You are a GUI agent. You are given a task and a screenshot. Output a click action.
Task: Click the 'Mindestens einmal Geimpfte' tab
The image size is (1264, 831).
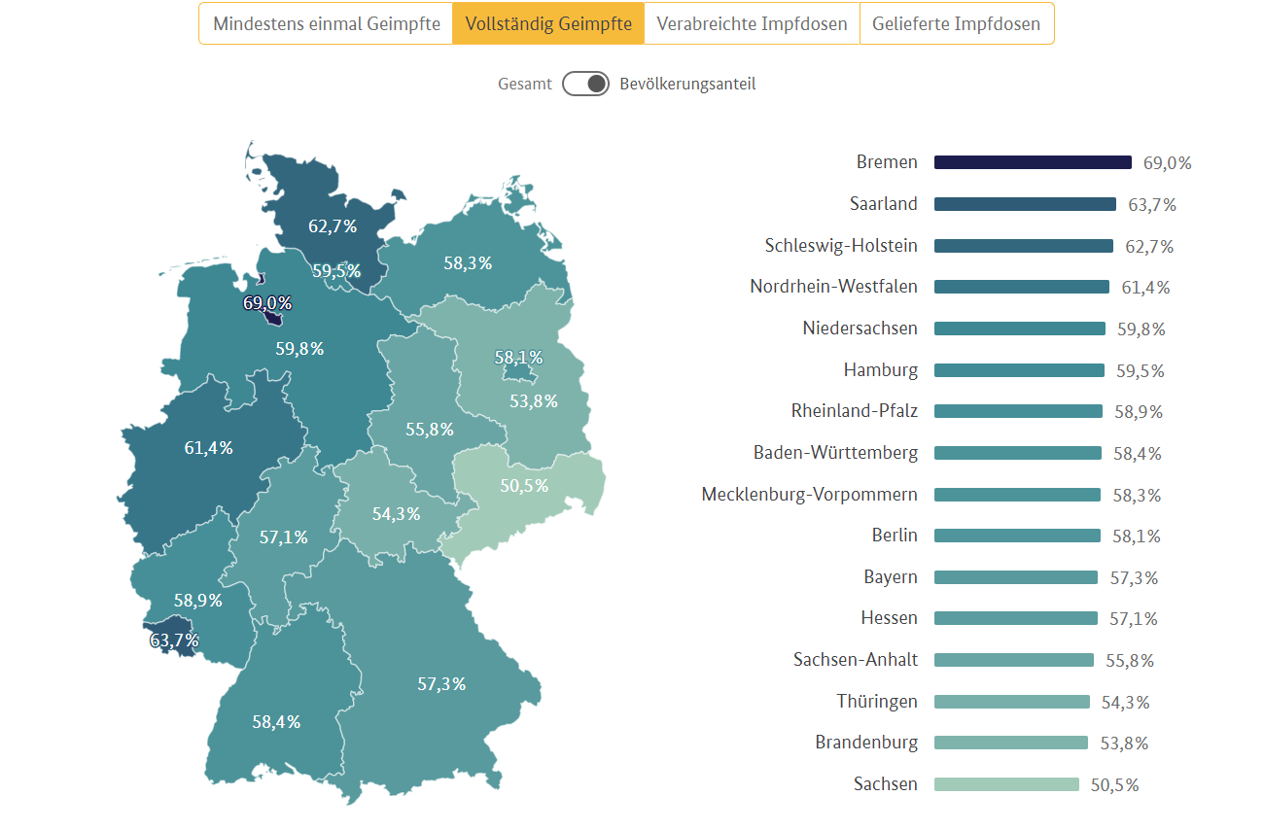point(326,23)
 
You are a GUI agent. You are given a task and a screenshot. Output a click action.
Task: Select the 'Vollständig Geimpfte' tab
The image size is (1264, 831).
point(548,23)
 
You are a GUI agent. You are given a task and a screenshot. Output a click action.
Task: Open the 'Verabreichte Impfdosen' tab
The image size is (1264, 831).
point(752,23)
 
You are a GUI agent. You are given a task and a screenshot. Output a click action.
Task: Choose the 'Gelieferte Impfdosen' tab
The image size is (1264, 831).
point(956,23)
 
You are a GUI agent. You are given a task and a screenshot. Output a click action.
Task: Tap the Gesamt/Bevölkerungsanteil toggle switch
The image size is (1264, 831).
point(585,84)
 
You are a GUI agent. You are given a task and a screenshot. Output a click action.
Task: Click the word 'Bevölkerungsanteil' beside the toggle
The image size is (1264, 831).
point(687,84)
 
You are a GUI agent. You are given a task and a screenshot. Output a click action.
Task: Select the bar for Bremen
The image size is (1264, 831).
point(1033,162)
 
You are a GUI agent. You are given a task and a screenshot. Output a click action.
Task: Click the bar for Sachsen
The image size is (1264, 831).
point(1006,784)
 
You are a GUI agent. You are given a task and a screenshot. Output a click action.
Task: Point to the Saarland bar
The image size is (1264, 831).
point(1025,204)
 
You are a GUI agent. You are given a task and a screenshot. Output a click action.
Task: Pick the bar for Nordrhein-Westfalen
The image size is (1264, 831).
point(1021,287)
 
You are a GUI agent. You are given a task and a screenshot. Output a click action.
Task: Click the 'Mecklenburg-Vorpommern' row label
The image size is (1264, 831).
point(809,495)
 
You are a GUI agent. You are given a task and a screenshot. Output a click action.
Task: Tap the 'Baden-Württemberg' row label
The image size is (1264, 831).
point(835,453)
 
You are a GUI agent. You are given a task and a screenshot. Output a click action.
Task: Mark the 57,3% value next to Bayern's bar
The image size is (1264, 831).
point(1134,577)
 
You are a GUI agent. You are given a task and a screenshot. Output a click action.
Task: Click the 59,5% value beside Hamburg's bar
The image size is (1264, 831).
point(1141,370)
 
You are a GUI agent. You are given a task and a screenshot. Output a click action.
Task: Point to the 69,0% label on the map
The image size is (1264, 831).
point(267,303)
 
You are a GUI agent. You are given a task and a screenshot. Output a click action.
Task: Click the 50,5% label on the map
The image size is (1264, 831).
point(524,485)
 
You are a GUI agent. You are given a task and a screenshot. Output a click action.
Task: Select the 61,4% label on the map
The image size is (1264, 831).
point(209,448)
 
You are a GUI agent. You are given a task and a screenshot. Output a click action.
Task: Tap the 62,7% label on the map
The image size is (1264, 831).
point(333,226)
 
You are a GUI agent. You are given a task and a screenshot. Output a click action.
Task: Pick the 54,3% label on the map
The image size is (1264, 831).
point(396,514)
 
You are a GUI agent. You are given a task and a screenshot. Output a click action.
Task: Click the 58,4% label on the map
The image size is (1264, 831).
point(276,722)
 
